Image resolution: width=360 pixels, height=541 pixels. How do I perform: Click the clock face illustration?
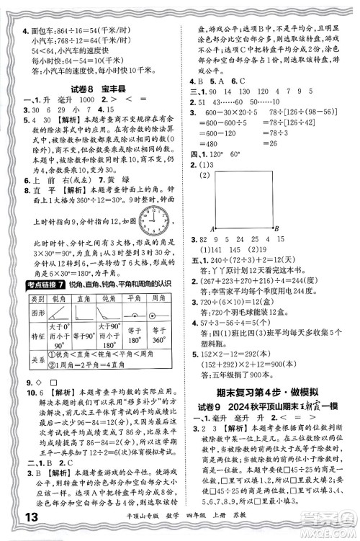151,219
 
